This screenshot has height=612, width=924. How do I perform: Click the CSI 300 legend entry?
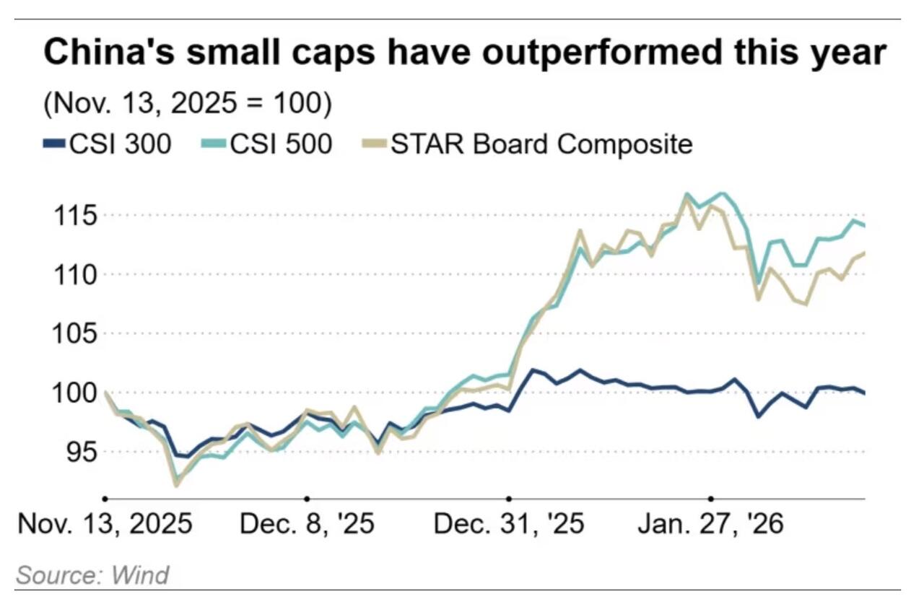(108, 144)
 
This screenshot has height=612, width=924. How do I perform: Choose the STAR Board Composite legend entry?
(526, 144)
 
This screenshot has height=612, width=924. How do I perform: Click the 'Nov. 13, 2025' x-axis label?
(105, 524)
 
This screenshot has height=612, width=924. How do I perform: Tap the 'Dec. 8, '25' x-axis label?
(307, 524)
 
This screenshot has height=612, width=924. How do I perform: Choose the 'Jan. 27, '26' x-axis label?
(710, 524)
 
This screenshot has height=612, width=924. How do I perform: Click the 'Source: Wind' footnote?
(92, 575)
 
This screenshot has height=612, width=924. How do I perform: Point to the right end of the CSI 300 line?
(865, 393)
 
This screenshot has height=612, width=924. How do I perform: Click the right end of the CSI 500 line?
(865, 226)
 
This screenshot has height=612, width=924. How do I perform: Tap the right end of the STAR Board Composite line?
(865, 253)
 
